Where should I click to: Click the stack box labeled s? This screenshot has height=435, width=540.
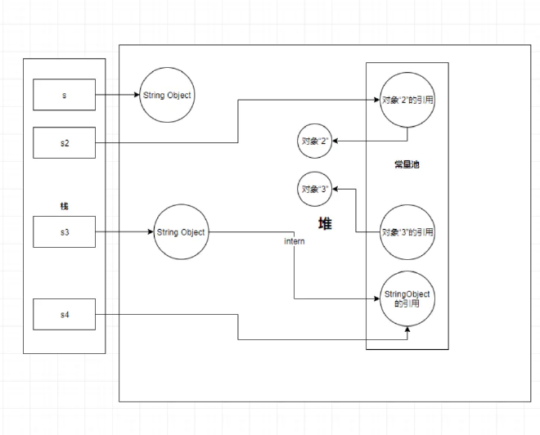65,95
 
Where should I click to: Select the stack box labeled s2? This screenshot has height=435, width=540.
65,143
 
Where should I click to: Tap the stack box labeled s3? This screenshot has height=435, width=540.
65,232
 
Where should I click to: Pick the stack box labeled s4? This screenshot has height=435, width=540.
65,315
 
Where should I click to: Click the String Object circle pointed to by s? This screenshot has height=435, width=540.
167,95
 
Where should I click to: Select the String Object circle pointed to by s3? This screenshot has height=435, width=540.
181,232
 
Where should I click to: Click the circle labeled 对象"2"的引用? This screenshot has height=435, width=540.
407,101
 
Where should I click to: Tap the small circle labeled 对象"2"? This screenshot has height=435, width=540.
314,141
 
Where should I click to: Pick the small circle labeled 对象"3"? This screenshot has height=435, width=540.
314,189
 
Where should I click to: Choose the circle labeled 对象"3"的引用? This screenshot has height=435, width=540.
407,232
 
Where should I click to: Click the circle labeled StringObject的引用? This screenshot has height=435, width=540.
407,298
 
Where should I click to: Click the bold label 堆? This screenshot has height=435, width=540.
325,223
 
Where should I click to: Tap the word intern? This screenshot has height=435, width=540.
295,243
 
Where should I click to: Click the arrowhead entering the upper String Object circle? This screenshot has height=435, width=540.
137,95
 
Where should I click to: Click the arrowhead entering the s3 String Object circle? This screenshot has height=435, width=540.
151,232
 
